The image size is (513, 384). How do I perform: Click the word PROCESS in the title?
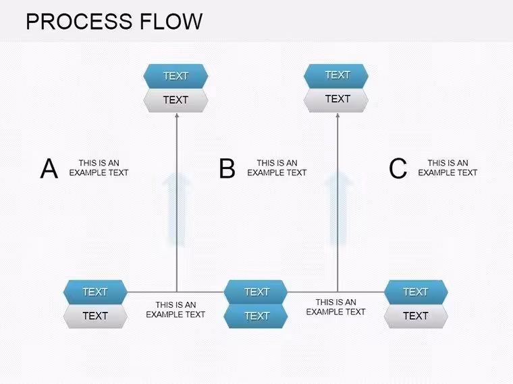coord(79,22)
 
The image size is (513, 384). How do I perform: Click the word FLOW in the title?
coord(171,22)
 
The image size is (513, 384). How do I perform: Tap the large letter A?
coord(49,168)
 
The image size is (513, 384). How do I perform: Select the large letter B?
coord(227,168)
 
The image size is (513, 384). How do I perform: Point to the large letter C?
coord(398,168)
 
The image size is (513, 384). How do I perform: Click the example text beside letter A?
coord(99,168)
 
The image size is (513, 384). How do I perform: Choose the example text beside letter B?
coord(277,168)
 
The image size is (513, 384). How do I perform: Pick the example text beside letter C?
coord(448,168)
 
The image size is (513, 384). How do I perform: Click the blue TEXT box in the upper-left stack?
coord(175,76)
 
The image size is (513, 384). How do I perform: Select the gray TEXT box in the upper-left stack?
coord(175,100)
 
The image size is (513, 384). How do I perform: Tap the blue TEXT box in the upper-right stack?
coord(336,75)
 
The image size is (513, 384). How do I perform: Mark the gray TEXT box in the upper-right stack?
coord(336,100)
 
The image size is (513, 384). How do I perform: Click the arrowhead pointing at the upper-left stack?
coord(177,115)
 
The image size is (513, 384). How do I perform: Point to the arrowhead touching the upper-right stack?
coord(337,115)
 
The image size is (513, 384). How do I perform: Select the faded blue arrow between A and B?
coord(177,209)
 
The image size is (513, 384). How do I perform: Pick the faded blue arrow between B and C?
coord(338,209)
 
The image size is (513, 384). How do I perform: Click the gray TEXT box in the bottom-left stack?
coord(95,316)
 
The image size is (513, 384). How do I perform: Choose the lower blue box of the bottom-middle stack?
coord(256,316)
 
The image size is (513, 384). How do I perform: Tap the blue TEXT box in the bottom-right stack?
coord(416,292)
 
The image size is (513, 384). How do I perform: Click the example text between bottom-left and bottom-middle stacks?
coord(175,309)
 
